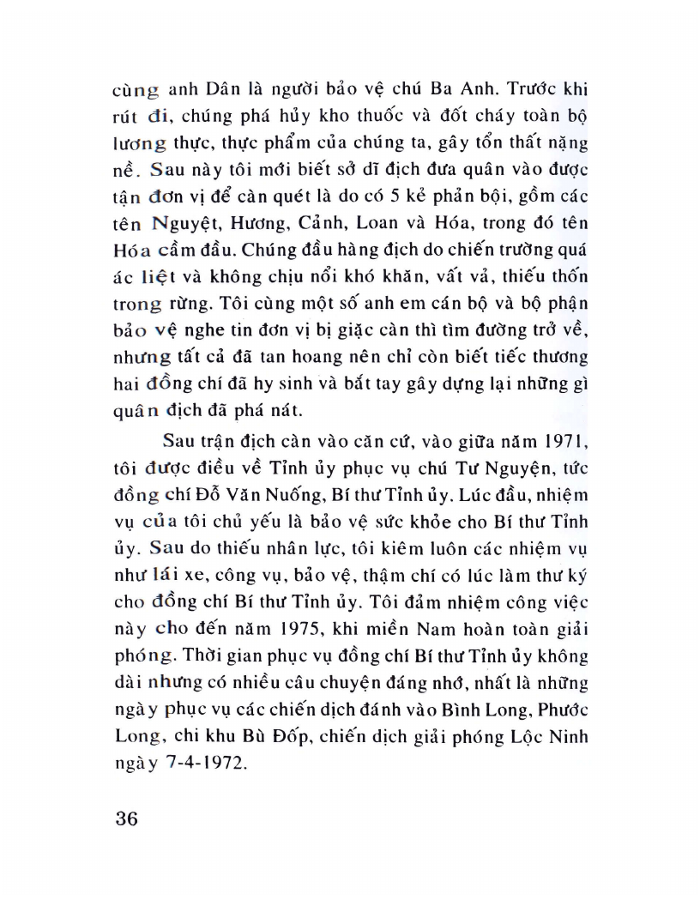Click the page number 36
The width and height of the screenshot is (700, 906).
coord(125,817)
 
